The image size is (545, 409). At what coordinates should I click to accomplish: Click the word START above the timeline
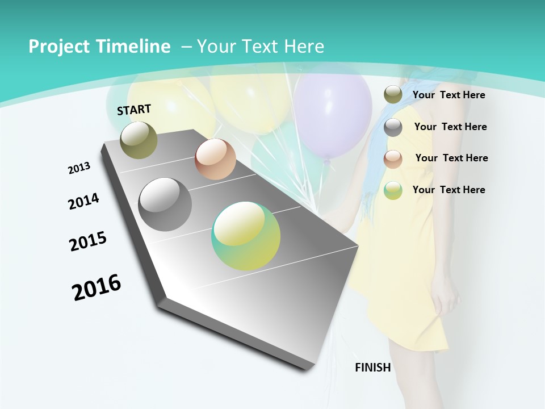(134, 110)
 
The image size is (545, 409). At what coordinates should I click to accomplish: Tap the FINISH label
(373, 367)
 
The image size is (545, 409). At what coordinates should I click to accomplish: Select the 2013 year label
(79, 168)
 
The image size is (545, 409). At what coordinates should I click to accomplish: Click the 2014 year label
(84, 201)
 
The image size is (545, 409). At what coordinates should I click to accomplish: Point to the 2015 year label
(88, 241)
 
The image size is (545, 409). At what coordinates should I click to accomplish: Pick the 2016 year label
(97, 287)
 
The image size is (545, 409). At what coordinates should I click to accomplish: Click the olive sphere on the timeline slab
(139, 140)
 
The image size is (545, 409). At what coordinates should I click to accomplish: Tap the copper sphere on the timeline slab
(215, 159)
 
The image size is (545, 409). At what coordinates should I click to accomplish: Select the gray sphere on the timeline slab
(165, 204)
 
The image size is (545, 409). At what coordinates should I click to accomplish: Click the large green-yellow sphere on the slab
(246, 236)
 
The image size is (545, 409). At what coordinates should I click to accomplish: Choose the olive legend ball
(393, 95)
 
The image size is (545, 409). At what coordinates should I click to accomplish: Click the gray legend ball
(393, 127)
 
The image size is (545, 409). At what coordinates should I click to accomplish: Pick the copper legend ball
(393, 158)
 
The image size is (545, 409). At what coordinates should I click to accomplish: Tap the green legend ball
(393, 190)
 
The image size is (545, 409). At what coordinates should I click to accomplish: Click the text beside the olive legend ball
(448, 95)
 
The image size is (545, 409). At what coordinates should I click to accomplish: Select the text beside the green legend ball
(448, 190)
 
